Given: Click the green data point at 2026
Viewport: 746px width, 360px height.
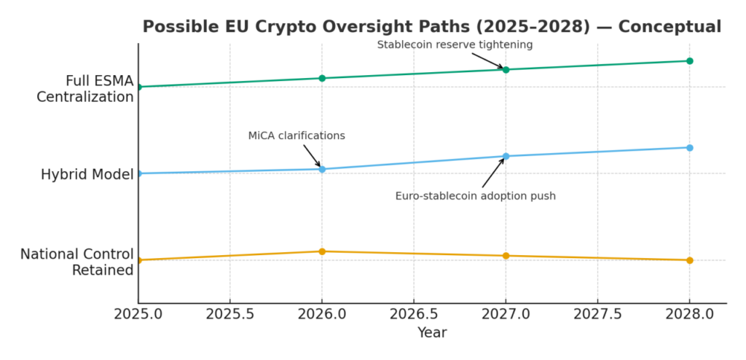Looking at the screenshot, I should coord(322,78).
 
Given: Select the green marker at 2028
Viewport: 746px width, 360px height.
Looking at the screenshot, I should coord(689,60).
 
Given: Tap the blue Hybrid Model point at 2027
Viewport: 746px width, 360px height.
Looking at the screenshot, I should coord(506,156).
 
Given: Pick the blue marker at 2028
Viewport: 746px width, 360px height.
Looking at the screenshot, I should coord(689,148).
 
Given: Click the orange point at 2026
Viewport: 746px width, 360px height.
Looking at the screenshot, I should coord(322,251).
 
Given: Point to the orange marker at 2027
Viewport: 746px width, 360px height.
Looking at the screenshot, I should coord(506,256).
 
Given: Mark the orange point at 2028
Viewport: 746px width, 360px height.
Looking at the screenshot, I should coord(689,260).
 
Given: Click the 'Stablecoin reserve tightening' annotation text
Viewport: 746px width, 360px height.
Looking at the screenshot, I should coord(455,45).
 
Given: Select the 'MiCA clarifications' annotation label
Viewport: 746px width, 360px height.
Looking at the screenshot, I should coord(297,136).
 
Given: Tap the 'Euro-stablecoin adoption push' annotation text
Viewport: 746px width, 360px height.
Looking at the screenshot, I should coord(475,196).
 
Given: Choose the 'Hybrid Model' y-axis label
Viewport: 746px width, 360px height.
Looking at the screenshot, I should coord(87,174).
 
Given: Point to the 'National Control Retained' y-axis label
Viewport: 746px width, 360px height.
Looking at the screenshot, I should coord(76,262).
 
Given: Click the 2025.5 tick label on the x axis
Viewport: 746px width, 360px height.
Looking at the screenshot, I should coord(230,314).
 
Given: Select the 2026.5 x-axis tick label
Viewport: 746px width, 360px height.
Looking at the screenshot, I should coord(414,314).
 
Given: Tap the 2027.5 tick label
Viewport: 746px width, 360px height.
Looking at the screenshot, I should coord(597,314).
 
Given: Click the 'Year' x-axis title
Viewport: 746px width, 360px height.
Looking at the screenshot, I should coord(432,333).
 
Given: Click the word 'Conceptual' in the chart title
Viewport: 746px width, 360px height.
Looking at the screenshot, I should coord(670,27).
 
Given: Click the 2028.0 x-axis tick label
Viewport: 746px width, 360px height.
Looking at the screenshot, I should coord(689,314).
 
